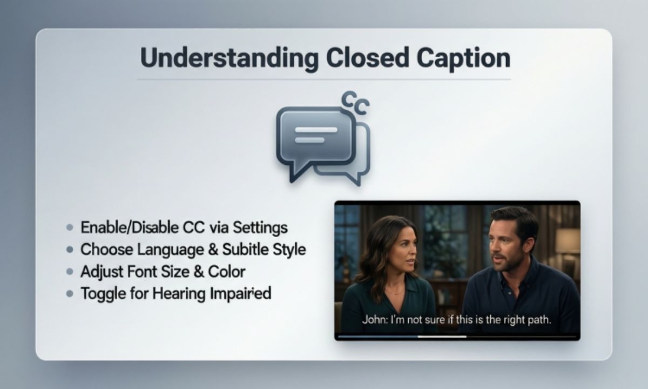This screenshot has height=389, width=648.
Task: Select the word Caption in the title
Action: tap(463, 58)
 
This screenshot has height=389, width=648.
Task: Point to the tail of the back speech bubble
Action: tap(354, 178)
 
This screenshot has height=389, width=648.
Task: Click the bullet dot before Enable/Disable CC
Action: tap(69, 228)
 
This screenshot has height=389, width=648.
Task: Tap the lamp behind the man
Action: tap(568, 241)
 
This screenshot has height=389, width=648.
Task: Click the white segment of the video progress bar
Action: tap(442, 337)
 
